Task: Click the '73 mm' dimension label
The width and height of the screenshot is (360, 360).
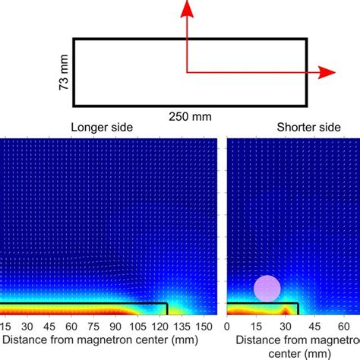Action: tap(64, 71)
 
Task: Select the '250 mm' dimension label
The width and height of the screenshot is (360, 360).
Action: tap(188, 116)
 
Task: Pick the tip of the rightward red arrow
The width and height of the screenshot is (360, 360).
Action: tap(334, 72)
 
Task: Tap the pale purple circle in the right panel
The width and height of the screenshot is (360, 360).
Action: tap(267, 289)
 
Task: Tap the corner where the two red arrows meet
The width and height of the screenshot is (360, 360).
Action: tap(187, 72)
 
